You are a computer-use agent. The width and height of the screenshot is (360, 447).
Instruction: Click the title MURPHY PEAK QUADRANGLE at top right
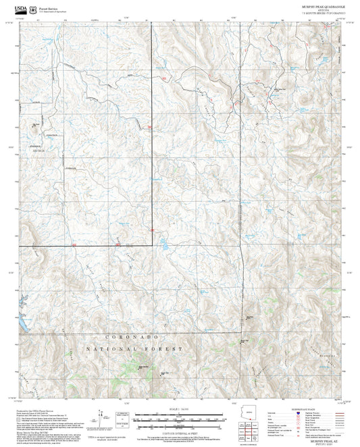[322, 5]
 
